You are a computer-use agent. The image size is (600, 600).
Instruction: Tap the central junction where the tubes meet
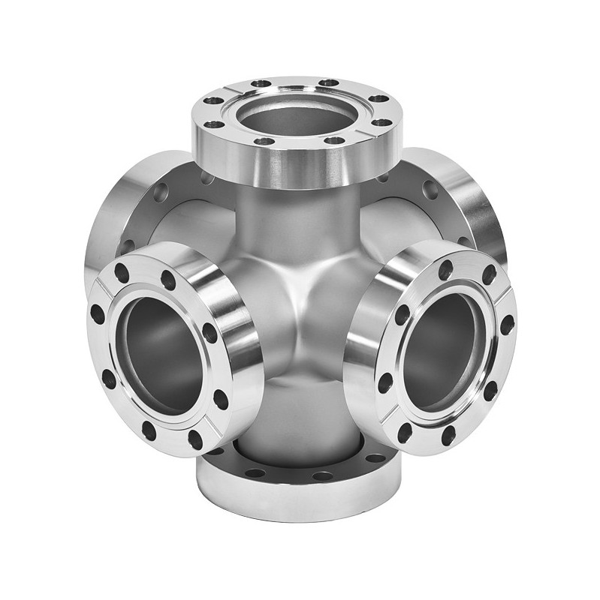tap(300, 300)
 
